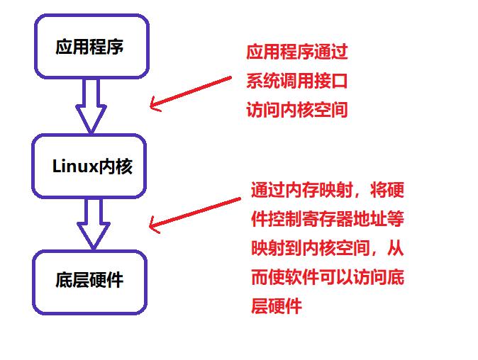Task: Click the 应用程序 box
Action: [x=91, y=47]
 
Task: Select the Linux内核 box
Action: [x=91, y=167]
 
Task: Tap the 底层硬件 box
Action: [x=89, y=281]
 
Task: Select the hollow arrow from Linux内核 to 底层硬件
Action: [x=92, y=224]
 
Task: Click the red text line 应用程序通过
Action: [x=296, y=52]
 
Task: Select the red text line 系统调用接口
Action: [x=296, y=81]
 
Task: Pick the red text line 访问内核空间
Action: [x=296, y=111]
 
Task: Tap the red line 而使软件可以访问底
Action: [x=327, y=277]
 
